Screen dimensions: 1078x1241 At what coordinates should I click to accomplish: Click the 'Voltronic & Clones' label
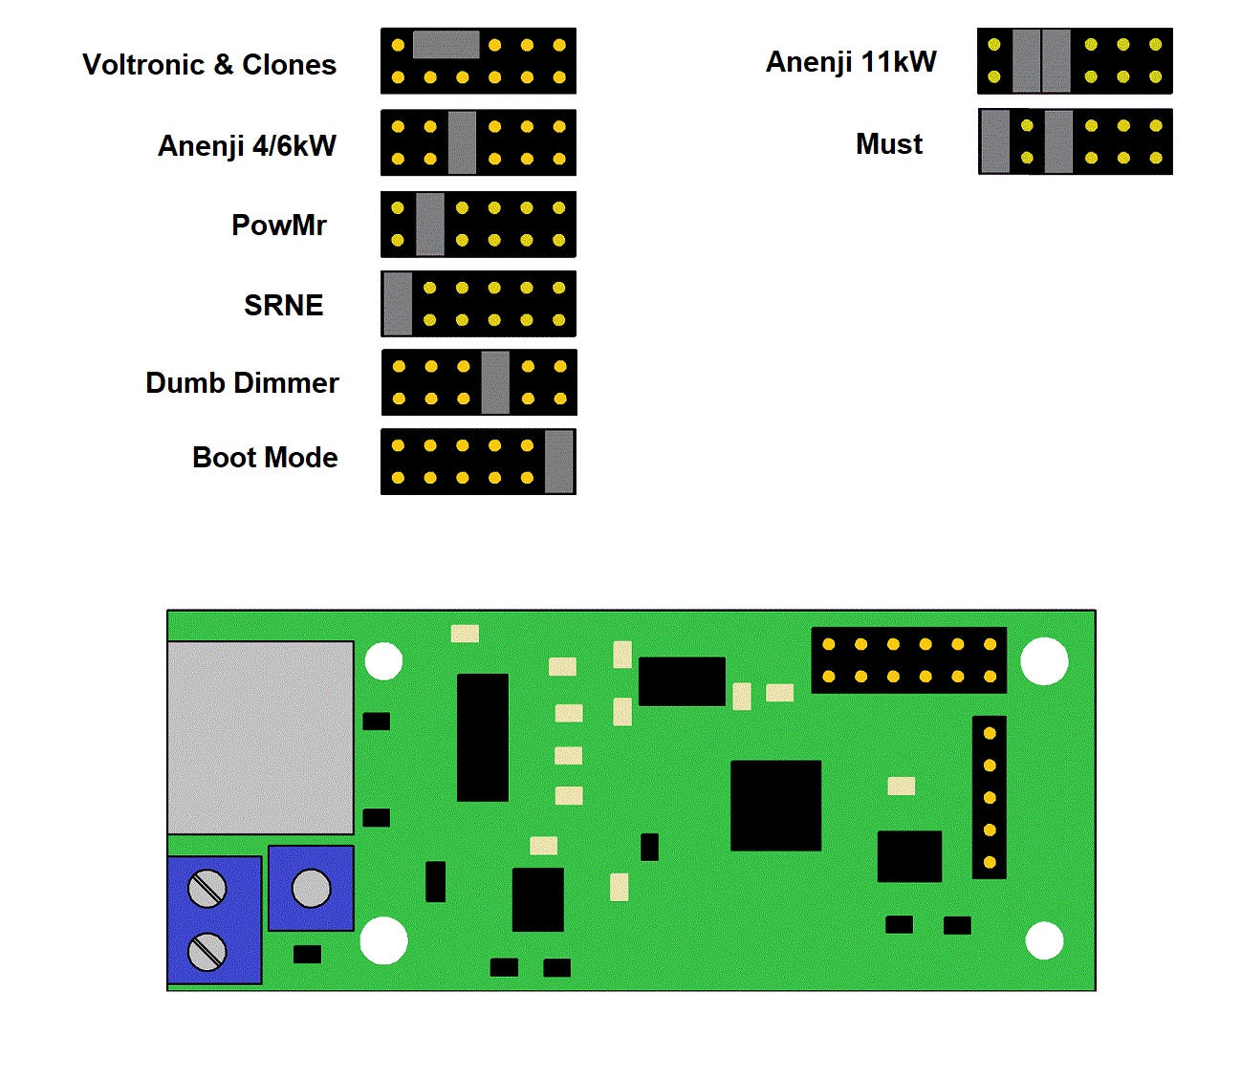209,65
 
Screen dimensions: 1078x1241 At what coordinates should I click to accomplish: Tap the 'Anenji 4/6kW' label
247,146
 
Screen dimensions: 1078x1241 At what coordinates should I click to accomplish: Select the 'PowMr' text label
279,226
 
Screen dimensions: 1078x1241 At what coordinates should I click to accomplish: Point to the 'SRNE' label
284,306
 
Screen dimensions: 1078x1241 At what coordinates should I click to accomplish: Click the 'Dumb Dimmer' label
242,383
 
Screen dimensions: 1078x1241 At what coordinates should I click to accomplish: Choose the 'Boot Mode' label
265,458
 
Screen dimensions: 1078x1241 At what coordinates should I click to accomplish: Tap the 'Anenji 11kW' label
851,62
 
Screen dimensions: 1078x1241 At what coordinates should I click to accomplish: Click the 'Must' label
889,144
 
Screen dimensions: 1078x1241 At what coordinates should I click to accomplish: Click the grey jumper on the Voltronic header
446,45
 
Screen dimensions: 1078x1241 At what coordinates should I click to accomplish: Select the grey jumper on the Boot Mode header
559,462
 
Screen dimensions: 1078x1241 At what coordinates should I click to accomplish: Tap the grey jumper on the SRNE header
398,304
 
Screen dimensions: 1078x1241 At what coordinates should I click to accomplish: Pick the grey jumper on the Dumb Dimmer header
495,382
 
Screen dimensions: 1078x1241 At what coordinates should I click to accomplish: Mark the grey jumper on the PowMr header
430,225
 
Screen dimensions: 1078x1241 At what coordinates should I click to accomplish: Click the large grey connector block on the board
260,738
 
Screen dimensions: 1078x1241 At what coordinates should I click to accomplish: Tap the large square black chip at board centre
775,806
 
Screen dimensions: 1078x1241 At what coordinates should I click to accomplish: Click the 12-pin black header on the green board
908,660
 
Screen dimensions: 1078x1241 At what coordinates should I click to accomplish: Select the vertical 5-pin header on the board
990,797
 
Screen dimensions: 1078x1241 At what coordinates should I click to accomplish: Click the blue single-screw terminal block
311,888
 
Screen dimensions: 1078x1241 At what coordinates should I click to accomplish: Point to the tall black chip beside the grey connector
483,737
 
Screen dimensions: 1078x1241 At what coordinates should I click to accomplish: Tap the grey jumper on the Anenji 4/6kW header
462,142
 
